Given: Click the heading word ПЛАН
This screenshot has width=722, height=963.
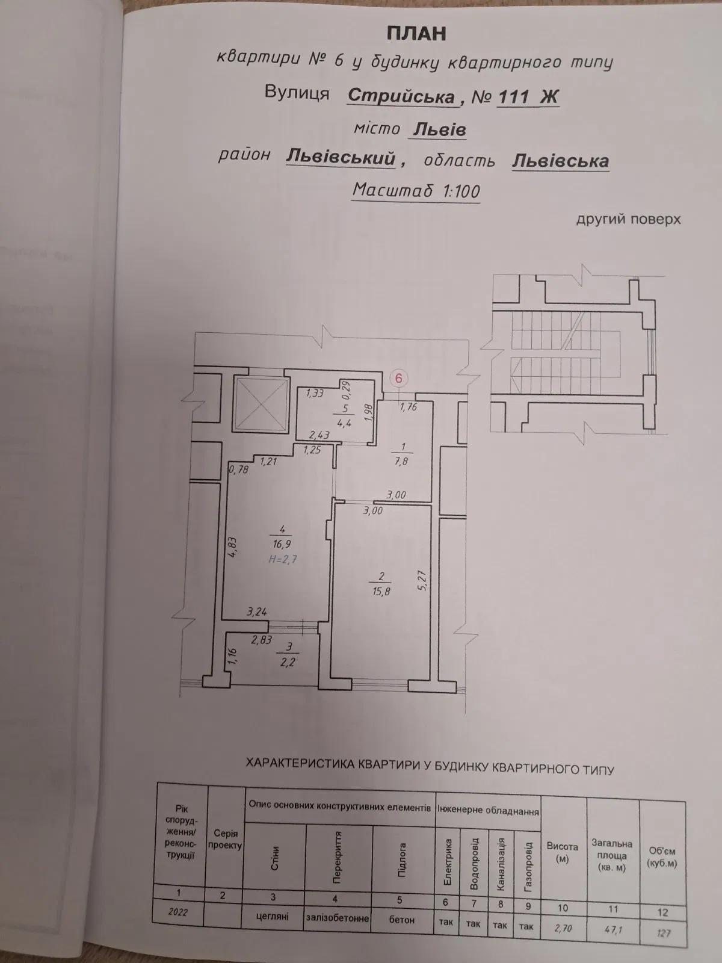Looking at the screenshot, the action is [x=416, y=34].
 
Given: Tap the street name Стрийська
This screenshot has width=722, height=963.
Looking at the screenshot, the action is [x=401, y=96].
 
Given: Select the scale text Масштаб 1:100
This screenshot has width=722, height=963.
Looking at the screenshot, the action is [x=416, y=191].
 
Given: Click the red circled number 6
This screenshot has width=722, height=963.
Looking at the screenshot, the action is [x=399, y=378].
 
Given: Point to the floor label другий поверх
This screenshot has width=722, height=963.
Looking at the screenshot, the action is [x=628, y=219].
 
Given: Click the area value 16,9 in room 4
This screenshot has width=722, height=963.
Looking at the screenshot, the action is [x=282, y=545].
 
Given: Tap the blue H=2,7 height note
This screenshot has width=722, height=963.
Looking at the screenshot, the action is [x=283, y=559].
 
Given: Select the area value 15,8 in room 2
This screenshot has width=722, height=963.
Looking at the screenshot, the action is [x=380, y=592].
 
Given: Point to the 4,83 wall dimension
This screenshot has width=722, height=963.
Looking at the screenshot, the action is [x=233, y=547].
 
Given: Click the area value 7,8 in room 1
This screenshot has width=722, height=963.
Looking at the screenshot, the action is [x=401, y=461].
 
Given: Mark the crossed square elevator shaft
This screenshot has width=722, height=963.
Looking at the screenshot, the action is [x=261, y=404].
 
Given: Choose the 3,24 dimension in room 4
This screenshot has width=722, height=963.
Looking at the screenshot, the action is [x=257, y=612].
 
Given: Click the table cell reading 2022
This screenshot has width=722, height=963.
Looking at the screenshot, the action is [x=177, y=912].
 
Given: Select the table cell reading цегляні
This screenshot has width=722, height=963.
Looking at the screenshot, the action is [x=273, y=916].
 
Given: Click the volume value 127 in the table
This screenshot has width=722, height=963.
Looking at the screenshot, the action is [x=663, y=933].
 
